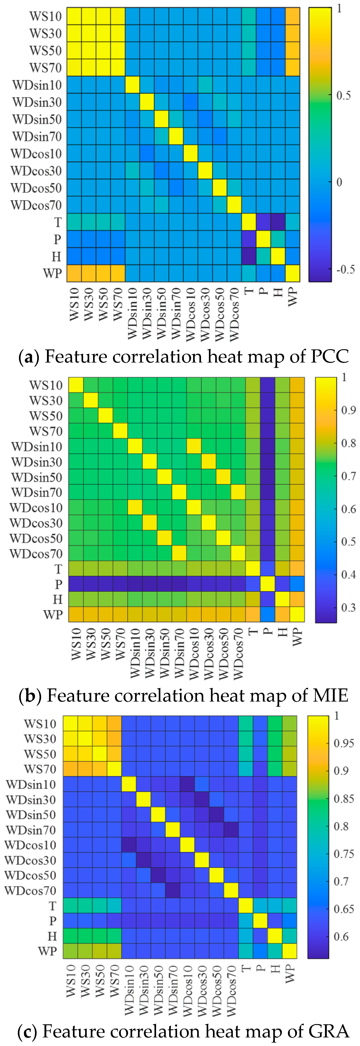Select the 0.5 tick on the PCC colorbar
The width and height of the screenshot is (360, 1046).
(x=343, y=96)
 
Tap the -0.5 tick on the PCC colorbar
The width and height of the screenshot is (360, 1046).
(x=345, y=269)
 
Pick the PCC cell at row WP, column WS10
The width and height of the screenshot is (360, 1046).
(x=74, y=273)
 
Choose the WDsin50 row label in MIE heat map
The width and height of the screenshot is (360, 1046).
(x=37, y=477)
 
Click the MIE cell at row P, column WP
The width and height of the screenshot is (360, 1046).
(x=297, y=584)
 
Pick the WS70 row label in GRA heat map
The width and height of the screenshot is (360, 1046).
(x=40, y=769)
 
